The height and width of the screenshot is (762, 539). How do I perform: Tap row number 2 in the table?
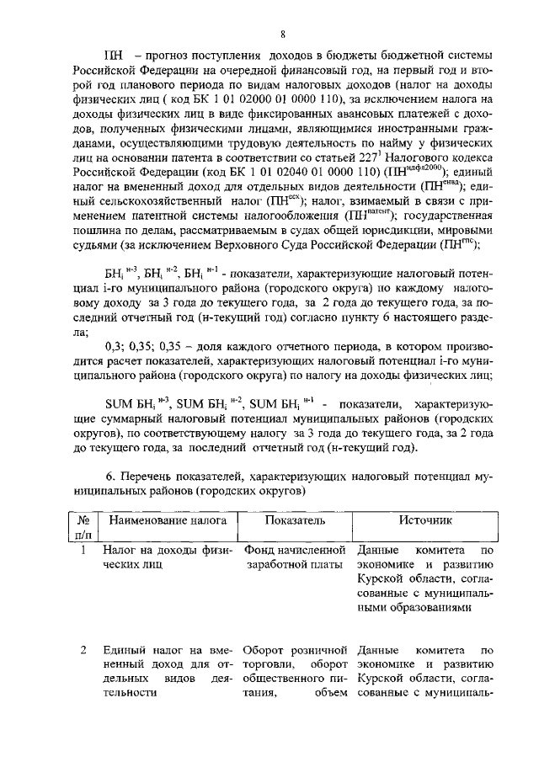click(83, 651)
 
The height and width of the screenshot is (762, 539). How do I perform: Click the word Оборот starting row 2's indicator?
click(263, 651)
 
